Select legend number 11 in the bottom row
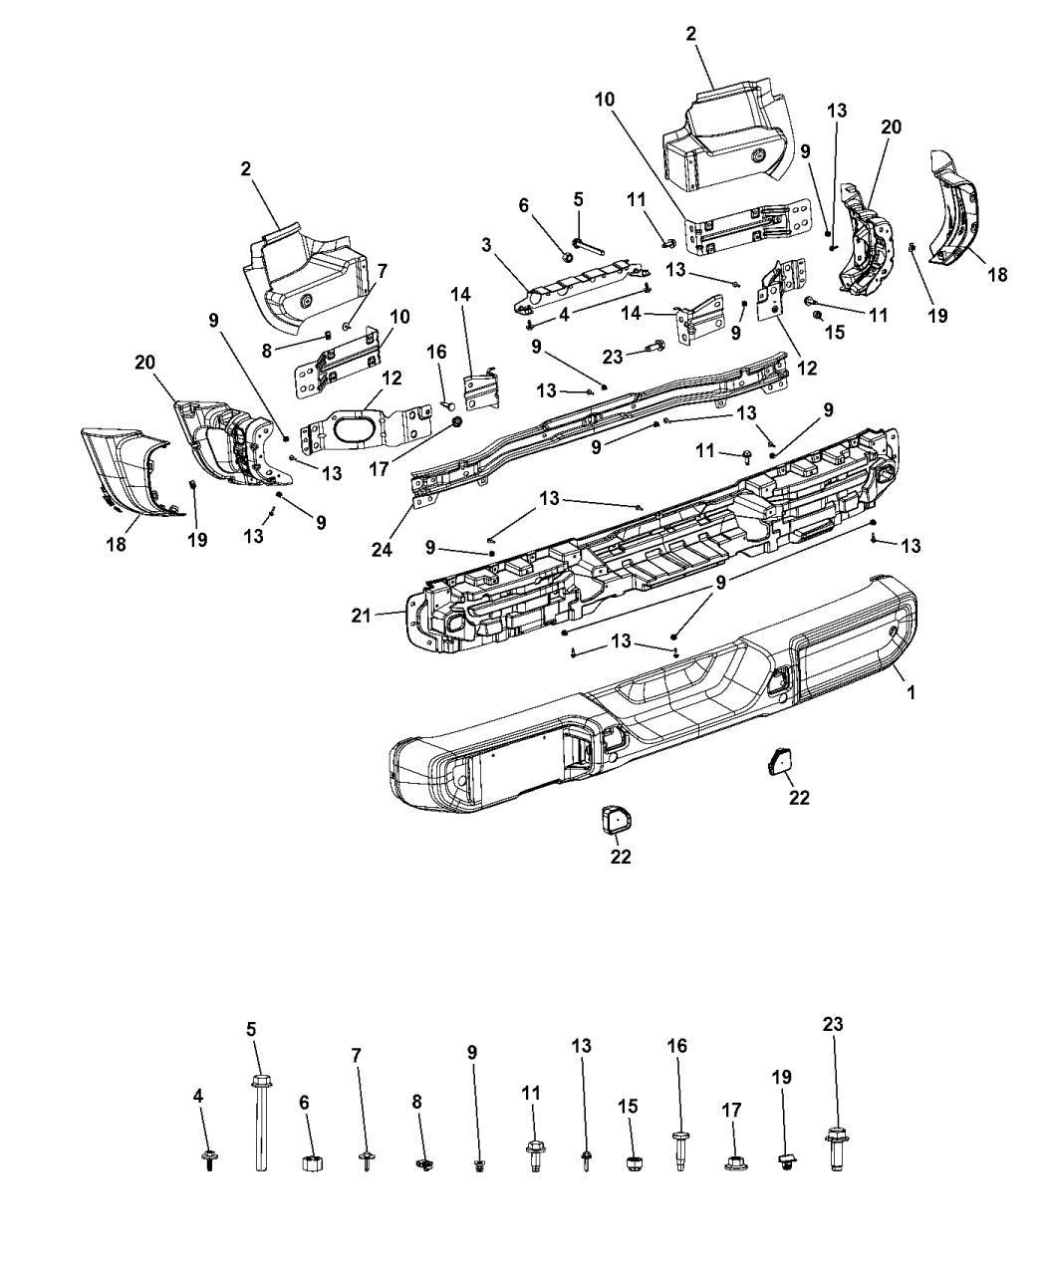pos(531,1093)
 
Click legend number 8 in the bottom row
pos(418,1101)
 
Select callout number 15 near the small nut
pos(834,332)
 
